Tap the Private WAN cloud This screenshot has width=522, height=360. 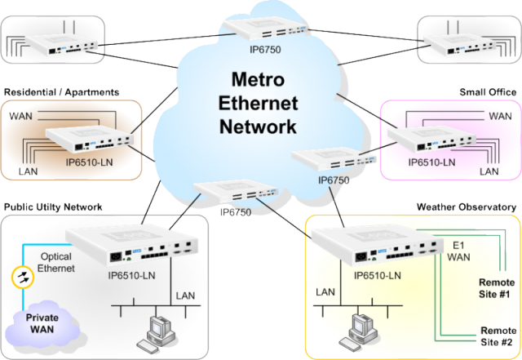(x=44, y=322)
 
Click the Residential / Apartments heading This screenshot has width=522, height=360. (x=62, y=94)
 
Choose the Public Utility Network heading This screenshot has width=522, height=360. (x=54, y=208)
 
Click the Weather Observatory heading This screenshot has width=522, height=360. (x=467, y=208)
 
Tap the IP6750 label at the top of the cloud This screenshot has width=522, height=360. (x=254, y=49)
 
